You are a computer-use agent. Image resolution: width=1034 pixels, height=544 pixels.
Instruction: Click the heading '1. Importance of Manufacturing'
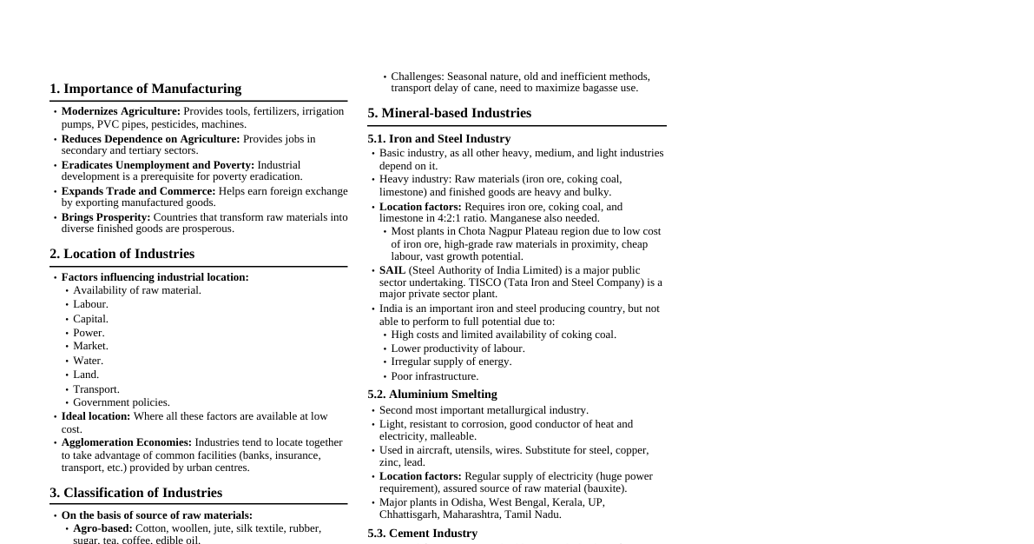tap(145, 89)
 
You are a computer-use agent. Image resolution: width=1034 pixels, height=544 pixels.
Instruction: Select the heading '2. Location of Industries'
tap(122, 254)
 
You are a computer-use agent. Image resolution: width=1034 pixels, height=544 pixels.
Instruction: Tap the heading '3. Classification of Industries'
tap(135, 493)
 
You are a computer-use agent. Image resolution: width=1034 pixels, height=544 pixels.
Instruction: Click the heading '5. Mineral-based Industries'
tap(449, 113)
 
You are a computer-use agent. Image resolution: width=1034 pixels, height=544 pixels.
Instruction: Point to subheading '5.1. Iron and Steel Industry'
tap(438, 138)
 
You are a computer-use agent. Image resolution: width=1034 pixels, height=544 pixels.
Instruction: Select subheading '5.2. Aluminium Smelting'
tap(431, 394)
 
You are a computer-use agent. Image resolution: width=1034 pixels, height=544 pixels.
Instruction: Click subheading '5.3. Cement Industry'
tap(422, 533)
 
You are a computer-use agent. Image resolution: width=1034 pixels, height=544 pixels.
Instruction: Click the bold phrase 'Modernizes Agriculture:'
tap(121, 111)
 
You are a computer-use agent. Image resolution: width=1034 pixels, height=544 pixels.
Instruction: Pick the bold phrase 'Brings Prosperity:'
tap(106, 216)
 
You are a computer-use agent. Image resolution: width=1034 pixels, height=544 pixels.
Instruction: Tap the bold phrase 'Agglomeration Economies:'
tap(127, 442)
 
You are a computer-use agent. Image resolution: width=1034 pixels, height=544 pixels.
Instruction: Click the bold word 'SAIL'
tap(392, 270)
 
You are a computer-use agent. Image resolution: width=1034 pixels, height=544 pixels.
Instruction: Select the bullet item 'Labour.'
tap(90, 304)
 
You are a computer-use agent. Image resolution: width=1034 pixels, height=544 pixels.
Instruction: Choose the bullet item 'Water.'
tap(88, 361)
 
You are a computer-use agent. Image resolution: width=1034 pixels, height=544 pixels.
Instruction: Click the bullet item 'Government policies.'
tap(122, 402)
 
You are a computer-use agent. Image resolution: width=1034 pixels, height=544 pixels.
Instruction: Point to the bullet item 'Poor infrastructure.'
tap(434, 376)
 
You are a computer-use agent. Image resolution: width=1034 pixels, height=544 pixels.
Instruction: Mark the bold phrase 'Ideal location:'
tap(95, 416)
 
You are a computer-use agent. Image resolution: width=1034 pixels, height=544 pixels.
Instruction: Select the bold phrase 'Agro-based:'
tap(102, 528)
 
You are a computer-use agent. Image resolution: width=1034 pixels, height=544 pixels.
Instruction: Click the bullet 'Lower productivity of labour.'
tap(458, 348)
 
